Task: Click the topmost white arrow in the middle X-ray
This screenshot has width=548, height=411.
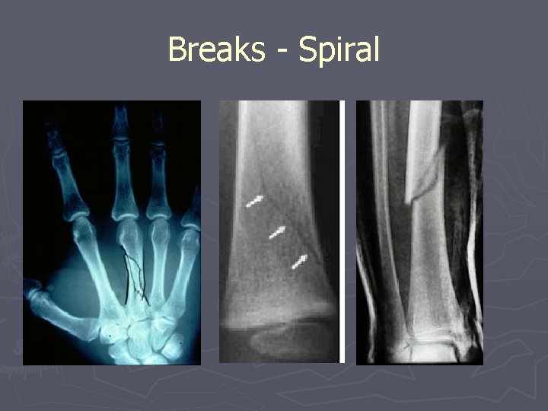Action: coord(254,201)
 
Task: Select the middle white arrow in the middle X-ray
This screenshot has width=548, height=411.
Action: coord(277,231)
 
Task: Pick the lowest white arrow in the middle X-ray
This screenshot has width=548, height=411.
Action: coord(301,261)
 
